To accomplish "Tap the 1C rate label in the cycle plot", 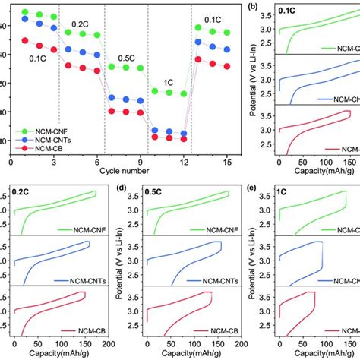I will pyautogui.click(x=168, y=81).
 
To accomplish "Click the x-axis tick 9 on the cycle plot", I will pyautogui.click(x=141, y=162).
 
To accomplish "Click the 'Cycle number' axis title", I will pyautogui.click(x=125, y=172).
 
